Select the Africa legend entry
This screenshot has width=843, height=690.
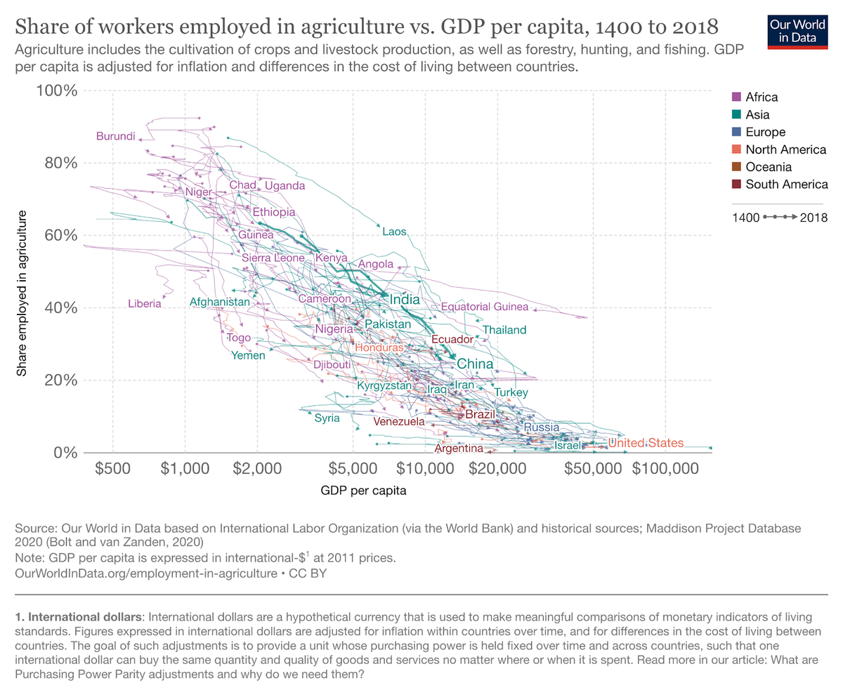pyautogui.click(x=762, y=98)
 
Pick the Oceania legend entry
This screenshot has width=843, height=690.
pyautogui.click(x=769, y=167)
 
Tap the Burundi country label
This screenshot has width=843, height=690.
pyautogui.click(x=115, y=136)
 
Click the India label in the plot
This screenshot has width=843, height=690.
pyautogui.click(x=405, y=300)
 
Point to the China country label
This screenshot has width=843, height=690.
pyautogui.click(x=475, y=364)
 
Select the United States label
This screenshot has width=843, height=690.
pyautogui.click(x=646, y=443)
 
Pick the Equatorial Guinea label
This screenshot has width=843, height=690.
pyautogui.click(x=485, y=307)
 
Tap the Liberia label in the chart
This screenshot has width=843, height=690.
pyautogui.click(x=145, y=304)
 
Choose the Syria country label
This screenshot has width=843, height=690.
pyautogui.click(x=327, y=418)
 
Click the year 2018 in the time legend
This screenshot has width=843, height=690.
pyautogui.click(x=814, y=218)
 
